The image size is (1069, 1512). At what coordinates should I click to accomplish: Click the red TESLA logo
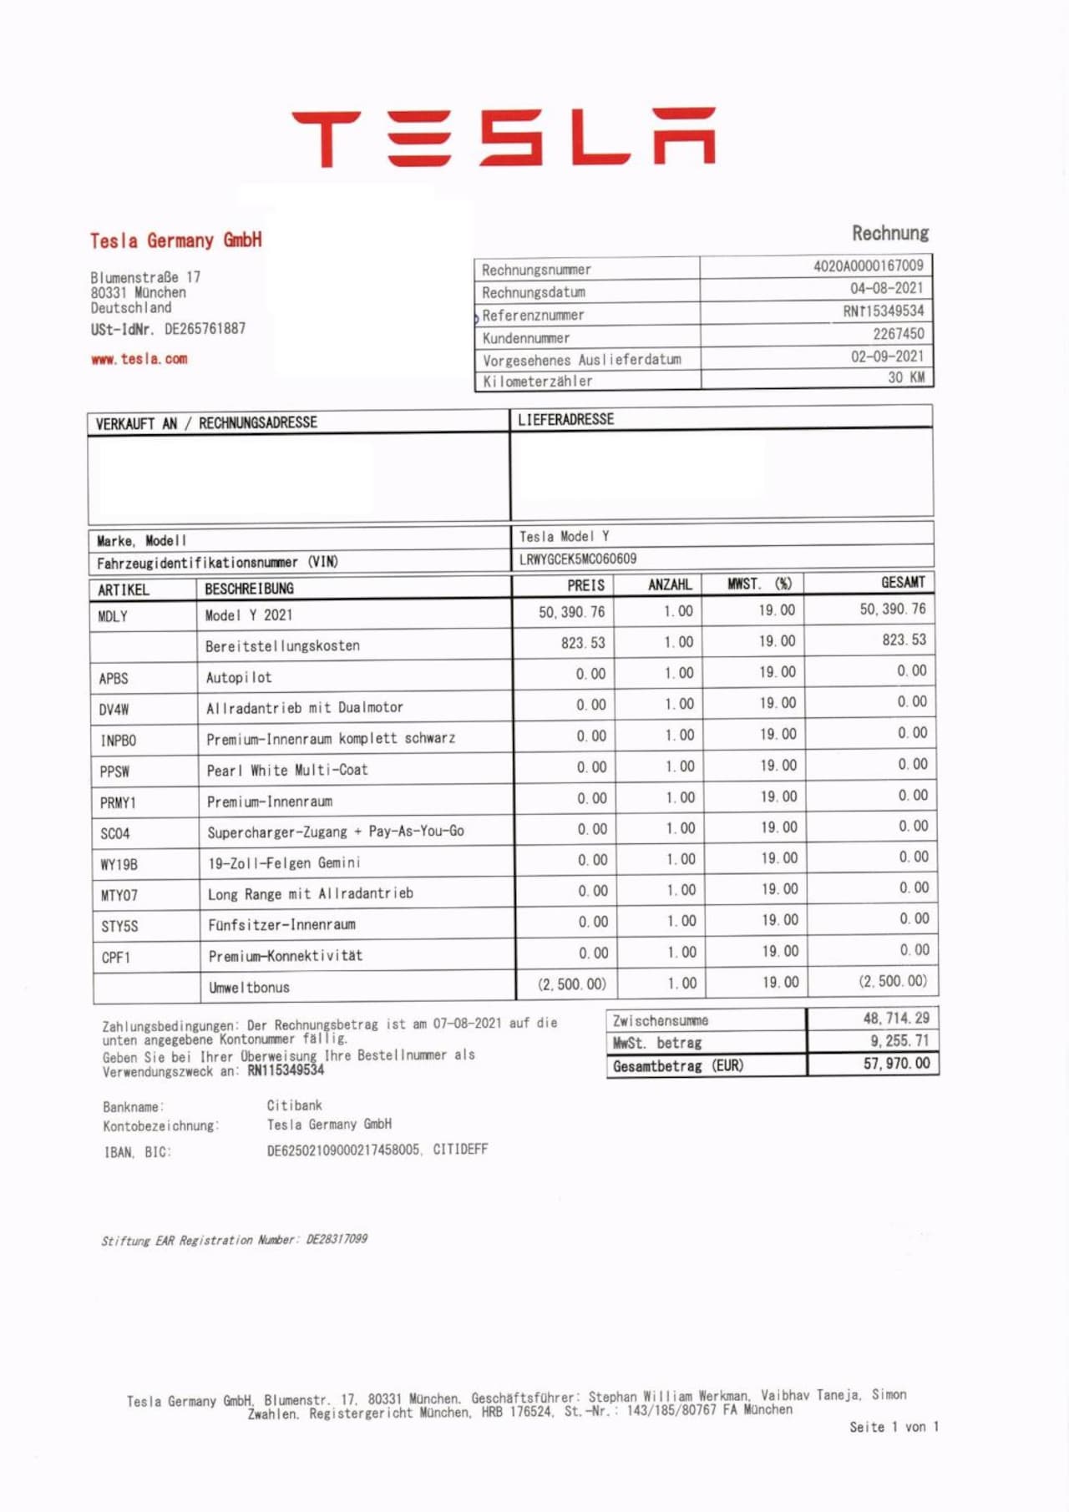tap(504, 137)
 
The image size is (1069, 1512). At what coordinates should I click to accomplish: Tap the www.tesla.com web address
tap(139, 359)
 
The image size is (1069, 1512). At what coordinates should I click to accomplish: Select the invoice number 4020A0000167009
tap(868, 265)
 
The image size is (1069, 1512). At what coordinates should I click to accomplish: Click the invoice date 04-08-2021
tap(886, 288)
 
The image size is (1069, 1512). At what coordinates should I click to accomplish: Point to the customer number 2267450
tap(898, 334)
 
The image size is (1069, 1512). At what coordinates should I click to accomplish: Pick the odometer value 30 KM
tap(905, 377)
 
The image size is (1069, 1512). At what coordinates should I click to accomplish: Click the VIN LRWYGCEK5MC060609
tap(577, 559)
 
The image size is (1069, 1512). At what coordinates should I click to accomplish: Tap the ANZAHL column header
tap(670, 584)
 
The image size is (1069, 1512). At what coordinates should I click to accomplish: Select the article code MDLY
tap(113, 617)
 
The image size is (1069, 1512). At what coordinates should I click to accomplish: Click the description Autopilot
tap(239, 677)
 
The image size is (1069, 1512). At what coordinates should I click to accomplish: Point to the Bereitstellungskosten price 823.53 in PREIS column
tap(583, 643)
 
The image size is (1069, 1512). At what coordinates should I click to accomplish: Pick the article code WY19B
tap(119, 864)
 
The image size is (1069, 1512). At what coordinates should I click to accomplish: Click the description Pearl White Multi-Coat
tap(287, 770)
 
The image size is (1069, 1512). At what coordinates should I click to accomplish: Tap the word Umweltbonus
tap(249, 987)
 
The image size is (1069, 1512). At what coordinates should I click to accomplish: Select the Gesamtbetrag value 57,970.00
tap(896, 1064)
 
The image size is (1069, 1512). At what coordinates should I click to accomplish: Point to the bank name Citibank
tap(294, 1105)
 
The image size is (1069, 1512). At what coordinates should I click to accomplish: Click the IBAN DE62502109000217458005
tap(343, 1150)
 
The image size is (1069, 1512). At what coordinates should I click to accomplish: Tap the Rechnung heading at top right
tap(889, 233)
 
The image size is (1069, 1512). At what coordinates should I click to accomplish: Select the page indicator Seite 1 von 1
tap(894, 1427)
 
